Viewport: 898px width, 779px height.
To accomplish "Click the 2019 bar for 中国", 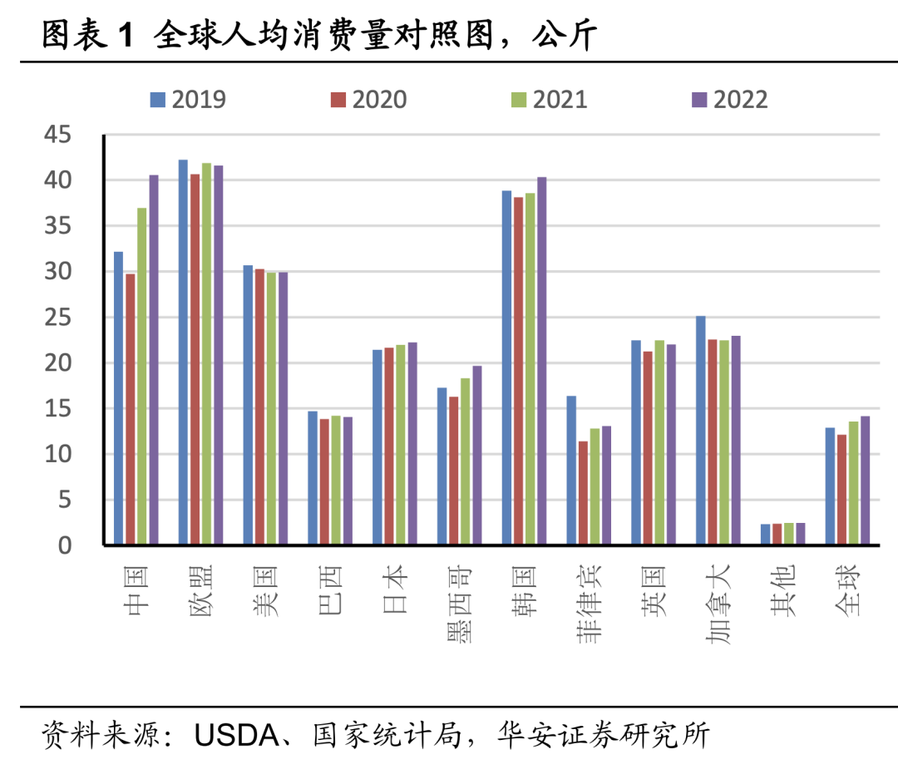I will click(119, 398).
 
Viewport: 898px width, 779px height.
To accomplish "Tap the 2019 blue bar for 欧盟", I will click(183, 353).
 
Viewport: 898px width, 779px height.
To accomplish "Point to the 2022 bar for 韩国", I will click(542, 361).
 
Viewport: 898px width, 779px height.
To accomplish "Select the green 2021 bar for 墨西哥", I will click(466, 461).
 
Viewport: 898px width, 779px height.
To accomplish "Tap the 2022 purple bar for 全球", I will click(866, 481).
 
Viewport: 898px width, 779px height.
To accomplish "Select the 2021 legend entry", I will click(550, 100).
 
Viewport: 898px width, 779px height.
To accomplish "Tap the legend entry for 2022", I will click(730, 100).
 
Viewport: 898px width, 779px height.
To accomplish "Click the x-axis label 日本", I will click(395, 589).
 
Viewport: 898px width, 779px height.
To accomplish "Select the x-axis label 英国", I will click(654, 589).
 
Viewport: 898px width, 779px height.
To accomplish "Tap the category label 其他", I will click(782, 589).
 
